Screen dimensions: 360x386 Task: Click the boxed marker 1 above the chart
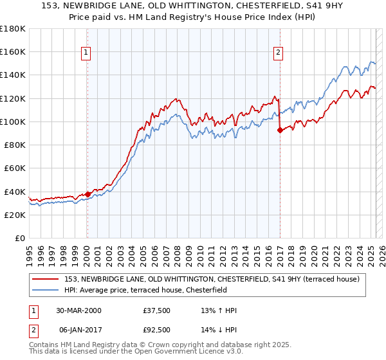coord(86,53)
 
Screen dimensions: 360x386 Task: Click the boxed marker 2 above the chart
coord(278,53)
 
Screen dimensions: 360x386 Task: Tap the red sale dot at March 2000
coord(87,194)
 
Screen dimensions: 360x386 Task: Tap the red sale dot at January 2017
coord(280,130)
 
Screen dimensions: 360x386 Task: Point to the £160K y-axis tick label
coord(12,51)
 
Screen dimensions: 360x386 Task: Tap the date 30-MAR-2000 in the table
coord(77,310)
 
